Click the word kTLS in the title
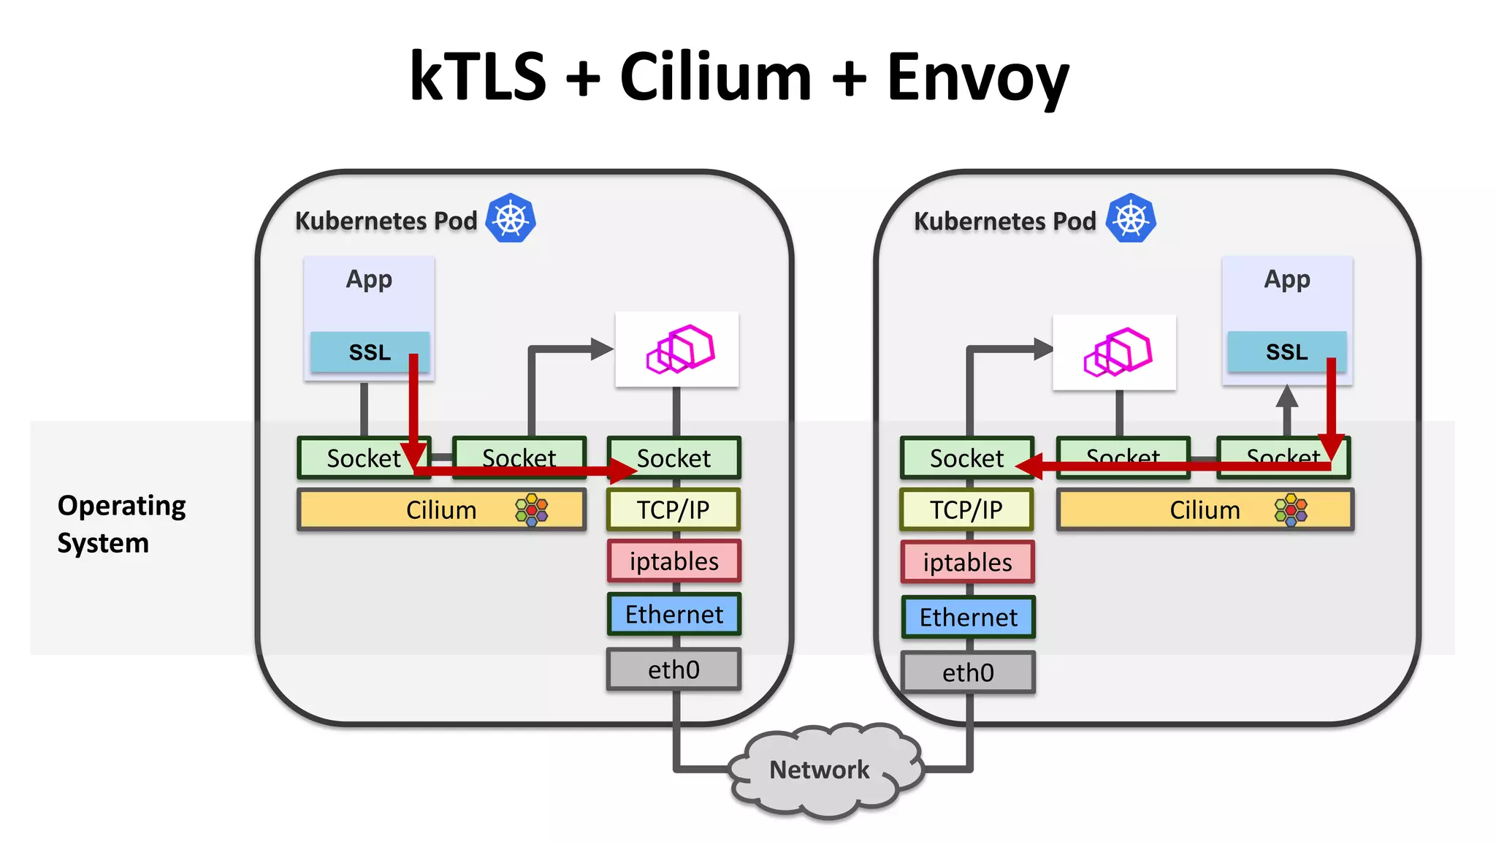(x=478, y=77)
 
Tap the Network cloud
(x=820, y=769)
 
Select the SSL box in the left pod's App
(x=370, y=352)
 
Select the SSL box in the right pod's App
(x=1286, y=352)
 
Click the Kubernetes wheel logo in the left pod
(x=511, y=218)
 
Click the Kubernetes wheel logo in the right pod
(x=1130, y=218)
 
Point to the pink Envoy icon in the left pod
(x=679, y=349)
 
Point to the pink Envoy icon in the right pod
(x=1117, y=352)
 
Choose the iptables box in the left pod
(x=673, y=561)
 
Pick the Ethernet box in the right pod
(x=968, y=618)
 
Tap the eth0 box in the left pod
(x=673, y=669)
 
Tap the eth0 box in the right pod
(x=968, y=672)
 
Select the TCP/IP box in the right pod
(x=966, y=509)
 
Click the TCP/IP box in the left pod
(x=673, y=509)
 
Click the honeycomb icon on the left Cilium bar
(x=531, y=509)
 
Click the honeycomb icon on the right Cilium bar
(x=1291, y=509)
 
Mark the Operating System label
(x=121, y=523)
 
